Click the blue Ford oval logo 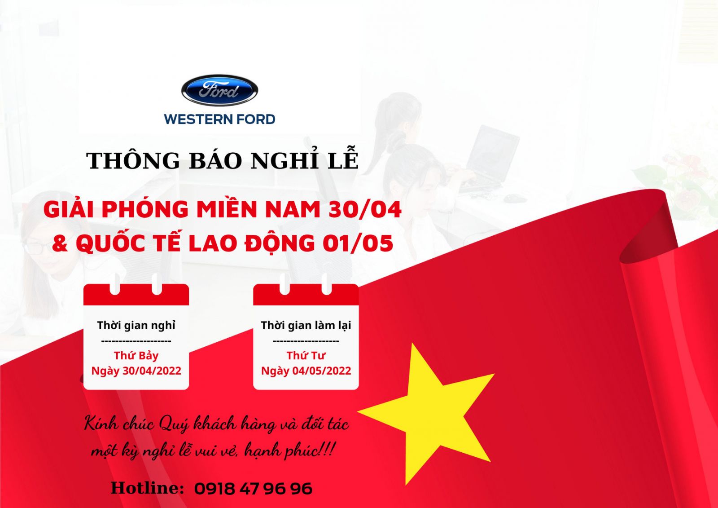coord(219,90)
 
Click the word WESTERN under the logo coord(194,119)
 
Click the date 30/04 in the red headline coord(365,210)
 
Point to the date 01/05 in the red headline coord(358,243)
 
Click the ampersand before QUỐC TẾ coord(60,243)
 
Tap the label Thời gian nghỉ coord(136,325)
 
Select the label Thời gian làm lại coord(306,325)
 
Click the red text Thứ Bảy coord(136,356)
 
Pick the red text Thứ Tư coord(306,356)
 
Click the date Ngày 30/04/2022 coord(136,371)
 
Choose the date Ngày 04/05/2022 coord(306,371)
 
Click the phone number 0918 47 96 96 coord(253,489)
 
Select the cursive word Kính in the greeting coord(101,424)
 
